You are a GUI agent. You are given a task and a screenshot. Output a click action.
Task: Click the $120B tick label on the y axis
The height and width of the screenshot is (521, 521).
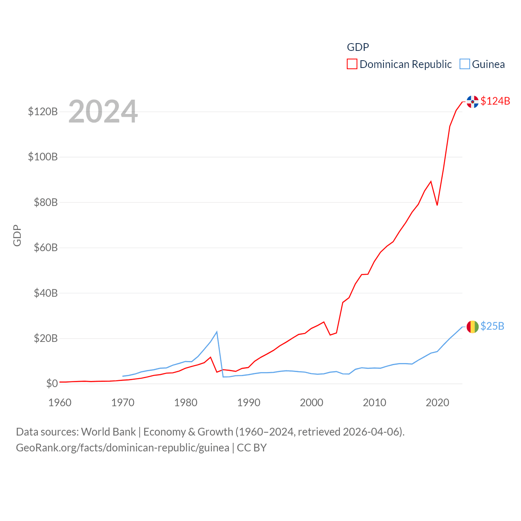click(43, 112)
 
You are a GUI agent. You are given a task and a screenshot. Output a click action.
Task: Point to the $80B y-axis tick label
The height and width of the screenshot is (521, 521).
click(46, 202)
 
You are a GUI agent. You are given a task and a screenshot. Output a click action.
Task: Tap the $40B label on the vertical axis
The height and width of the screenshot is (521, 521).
click(46, 293)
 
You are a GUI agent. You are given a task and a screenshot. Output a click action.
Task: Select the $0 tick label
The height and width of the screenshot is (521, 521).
click(52, 383)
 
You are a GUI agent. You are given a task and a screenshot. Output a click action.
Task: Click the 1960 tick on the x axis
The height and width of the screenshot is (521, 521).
click(60, 403)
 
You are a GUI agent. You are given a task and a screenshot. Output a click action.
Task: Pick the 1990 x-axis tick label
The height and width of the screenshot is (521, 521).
click(249, 403)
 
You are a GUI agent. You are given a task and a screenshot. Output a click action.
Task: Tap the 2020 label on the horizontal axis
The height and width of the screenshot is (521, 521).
click(437, 403)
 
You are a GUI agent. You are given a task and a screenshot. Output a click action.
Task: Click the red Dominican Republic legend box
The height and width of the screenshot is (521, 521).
click(352, 64)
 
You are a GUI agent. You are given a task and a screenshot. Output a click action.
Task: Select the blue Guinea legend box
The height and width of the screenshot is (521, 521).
click(464, 64)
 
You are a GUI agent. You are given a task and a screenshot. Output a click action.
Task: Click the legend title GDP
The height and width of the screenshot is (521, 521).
click(358, 47)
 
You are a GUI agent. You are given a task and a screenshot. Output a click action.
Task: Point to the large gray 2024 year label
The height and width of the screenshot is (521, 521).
click(103, 112)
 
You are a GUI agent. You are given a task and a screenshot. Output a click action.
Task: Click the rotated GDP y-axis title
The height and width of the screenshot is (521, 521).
click(17, 235)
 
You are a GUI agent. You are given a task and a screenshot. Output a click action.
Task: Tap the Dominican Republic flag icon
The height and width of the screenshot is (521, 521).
click(473, 102)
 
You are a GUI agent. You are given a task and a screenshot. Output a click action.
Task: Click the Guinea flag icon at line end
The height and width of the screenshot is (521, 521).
click(473, 327)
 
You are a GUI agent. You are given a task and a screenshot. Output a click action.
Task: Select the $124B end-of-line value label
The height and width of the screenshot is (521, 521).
click(495, 101)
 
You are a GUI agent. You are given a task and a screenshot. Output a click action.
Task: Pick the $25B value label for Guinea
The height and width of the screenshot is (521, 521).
click(492, 326)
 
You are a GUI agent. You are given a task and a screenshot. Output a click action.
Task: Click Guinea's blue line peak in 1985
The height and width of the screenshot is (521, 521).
click(217, 332)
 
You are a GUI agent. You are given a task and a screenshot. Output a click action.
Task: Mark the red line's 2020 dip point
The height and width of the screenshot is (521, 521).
click(437, 205)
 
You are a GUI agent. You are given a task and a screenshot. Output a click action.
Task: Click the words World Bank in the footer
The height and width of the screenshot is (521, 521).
click(109, 431)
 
